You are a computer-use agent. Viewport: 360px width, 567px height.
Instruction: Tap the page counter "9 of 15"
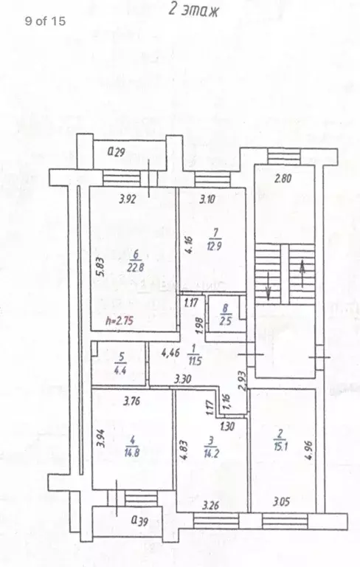click(45, 21)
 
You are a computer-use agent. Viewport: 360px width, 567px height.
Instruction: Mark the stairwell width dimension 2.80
click(285, 178)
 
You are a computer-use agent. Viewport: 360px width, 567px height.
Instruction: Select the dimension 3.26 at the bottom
click(212, 506)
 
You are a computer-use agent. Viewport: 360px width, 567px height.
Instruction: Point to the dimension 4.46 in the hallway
click(170, 353)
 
